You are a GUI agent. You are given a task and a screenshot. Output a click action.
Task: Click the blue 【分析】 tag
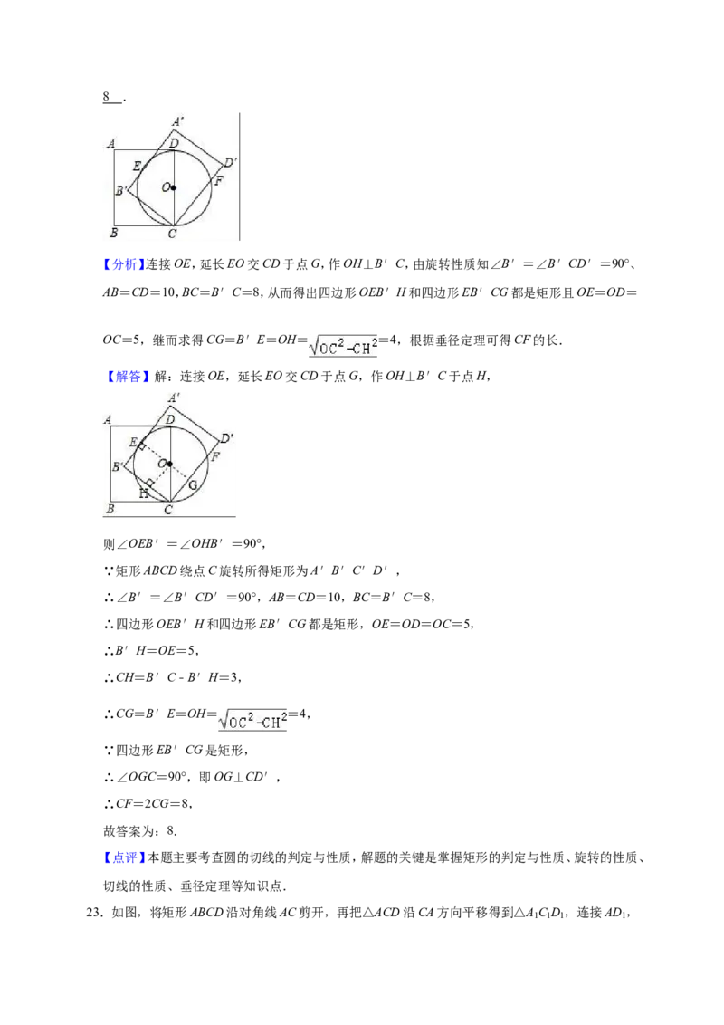pos(123,264)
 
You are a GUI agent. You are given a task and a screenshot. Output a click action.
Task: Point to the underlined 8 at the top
pos(106,97)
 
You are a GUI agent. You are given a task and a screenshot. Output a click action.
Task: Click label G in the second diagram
pos(193,485)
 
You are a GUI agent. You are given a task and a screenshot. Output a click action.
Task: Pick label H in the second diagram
pos(143,494)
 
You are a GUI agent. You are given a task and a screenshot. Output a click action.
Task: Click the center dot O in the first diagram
pos(174,188)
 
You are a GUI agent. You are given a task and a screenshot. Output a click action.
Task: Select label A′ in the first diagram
pos(177,121)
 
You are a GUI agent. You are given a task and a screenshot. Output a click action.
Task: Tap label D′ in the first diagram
pos(230,162)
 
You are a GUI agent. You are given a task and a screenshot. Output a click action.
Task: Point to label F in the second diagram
pos(215,457)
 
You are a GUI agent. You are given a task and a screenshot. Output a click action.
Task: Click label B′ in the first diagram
pos(121,191)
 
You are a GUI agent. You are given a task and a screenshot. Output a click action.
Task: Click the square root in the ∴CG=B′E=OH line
pos(252,718)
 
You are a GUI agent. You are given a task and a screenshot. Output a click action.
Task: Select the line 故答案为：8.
pos(140,831)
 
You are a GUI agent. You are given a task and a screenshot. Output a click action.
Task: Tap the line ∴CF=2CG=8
pos(148,804)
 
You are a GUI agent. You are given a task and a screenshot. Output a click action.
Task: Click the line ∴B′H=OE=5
pos(150,650)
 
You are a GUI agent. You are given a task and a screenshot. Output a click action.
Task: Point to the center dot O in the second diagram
pos(169,465)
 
